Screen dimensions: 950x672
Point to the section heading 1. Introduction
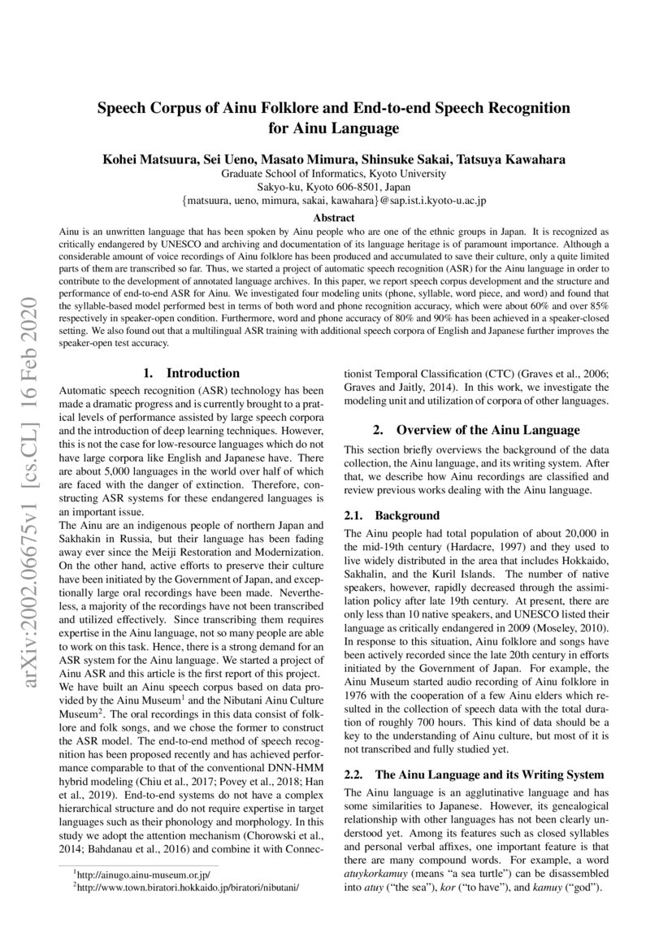191,374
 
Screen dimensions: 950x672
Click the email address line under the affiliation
334,201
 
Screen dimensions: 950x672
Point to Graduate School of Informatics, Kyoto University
334,173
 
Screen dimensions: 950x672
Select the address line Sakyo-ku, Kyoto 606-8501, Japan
334,187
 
